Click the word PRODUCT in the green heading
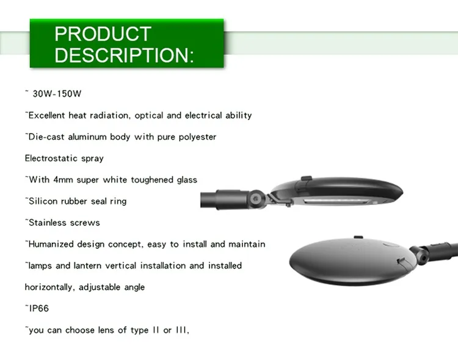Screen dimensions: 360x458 [x=103, y=34]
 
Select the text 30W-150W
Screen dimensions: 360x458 [x=57, y=94]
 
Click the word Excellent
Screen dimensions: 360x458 [x=50, y=115]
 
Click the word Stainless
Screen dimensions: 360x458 [x=48, y=223]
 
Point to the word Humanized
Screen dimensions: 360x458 [x=53, y=244]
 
